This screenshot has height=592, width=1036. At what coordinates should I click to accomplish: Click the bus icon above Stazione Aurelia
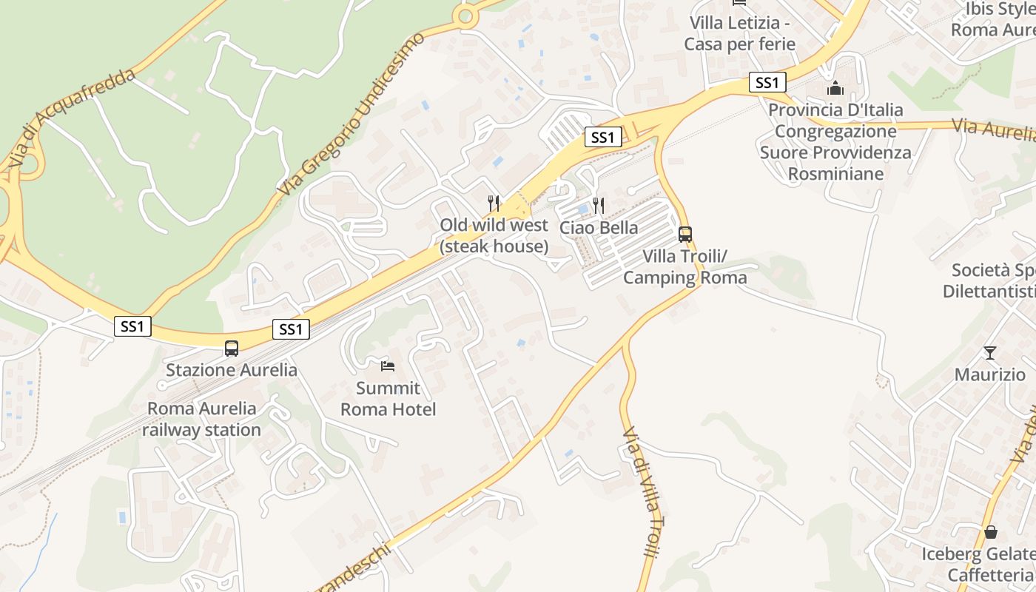[232, 348]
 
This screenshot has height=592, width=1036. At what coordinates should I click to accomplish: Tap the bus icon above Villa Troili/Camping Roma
[685, 235]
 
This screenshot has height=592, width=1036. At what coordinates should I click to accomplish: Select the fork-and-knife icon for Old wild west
[494, 203]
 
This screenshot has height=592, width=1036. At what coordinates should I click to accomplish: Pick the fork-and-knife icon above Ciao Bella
[599, 205]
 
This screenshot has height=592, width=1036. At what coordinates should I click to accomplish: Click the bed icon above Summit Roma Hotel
[388, 366]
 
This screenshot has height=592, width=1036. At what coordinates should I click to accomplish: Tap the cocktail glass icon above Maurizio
[990, 352]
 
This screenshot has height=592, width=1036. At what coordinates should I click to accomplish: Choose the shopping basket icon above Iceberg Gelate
[991, 532]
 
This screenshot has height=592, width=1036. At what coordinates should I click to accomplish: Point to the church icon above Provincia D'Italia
[835, 88]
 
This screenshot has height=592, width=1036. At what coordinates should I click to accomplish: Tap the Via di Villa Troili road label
[641, 491]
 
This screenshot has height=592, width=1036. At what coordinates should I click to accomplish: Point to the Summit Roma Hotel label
[388, 399]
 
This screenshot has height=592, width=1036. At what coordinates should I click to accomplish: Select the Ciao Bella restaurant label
[599, 228]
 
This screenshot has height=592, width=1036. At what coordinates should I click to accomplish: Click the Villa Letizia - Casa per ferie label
[739, 33]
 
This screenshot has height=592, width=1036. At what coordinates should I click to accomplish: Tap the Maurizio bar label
[990, 374]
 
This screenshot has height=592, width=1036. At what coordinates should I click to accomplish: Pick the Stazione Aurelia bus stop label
[232, 370]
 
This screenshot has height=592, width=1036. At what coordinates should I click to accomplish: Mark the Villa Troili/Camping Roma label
[685, 267]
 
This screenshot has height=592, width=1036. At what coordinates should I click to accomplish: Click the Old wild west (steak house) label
[494, 235]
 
